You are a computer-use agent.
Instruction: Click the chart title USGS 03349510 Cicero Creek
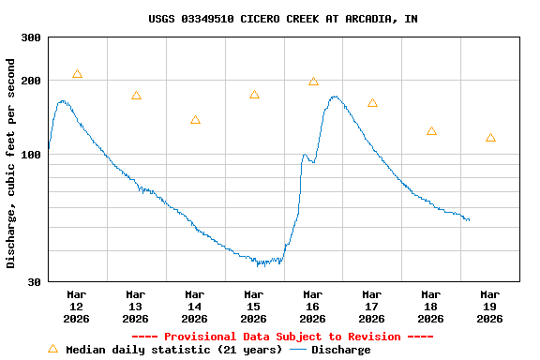(282, 19)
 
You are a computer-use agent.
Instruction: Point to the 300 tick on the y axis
(31, 37)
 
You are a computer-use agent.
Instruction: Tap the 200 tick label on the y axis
(31, 81)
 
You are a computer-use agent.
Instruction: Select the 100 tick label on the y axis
(31, 155)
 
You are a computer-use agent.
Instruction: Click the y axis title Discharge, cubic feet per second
(11, 163)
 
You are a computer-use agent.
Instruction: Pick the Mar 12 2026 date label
(77, 307)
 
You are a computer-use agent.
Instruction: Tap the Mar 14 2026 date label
(195, 307)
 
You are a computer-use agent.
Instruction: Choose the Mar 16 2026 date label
(313, 307)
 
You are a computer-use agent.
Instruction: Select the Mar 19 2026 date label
(489, 307)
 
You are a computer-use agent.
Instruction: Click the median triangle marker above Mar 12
(77, 74)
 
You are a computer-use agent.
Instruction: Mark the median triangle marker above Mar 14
(195, 120)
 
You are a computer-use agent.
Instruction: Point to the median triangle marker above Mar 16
(313, 82)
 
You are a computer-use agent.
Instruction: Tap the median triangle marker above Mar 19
(490, 138)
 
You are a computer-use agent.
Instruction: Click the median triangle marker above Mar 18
(431, 131)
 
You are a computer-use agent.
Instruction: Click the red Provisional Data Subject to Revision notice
(282, 337)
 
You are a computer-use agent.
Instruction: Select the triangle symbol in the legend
(52, 349)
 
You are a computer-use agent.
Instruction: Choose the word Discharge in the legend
(340, 350)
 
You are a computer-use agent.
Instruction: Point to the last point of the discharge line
(470, 220)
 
